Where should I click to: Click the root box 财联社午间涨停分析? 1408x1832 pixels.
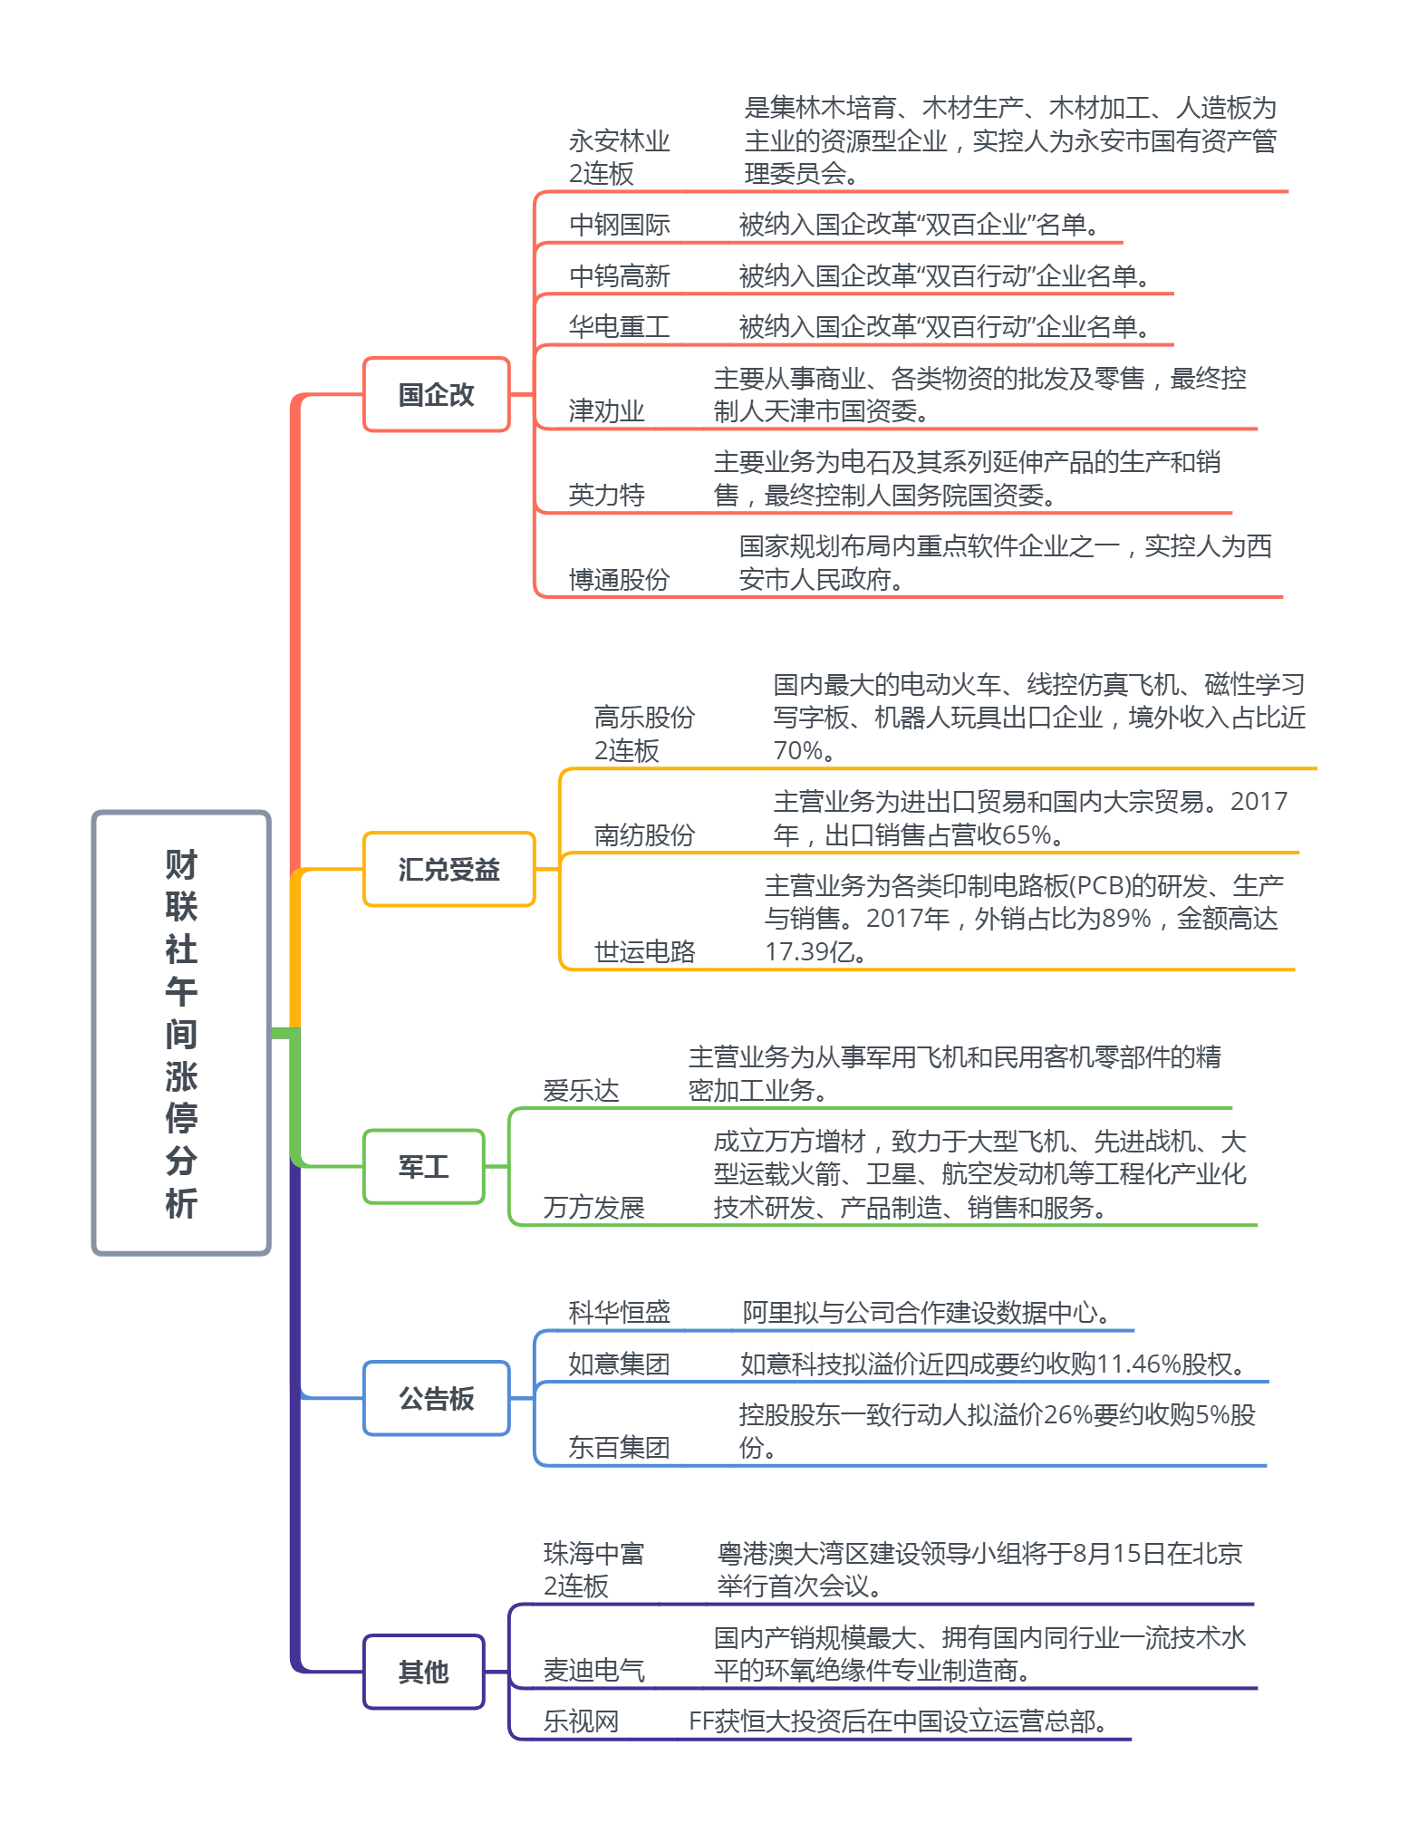click(181, 1033)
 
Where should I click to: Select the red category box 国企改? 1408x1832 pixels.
click(437, 394)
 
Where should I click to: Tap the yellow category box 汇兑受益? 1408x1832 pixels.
click(449, 869)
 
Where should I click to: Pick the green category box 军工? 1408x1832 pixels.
click(424, 1166)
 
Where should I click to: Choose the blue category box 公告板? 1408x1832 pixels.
click(437, 1398)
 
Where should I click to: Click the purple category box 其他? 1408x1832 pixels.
click(424, 1672)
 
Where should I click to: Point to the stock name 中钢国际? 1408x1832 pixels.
click(620, 225)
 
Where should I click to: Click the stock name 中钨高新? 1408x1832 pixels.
click(620, 276)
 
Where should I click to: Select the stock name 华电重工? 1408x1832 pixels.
click(620, 327)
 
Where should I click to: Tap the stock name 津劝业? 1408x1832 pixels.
click(607, 411)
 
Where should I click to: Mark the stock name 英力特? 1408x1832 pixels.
click(607, 495)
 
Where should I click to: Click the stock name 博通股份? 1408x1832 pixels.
click(620, 579)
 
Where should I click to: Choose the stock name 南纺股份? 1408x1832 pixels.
click(645, 834)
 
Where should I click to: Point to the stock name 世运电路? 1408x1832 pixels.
click(645, 951)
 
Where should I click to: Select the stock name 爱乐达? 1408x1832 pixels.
click(582, 1090)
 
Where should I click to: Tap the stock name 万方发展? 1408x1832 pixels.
click(594, 1207)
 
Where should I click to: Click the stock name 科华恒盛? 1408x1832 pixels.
click(620, 1312)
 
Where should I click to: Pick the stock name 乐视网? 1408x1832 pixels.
click(582, 1721)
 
